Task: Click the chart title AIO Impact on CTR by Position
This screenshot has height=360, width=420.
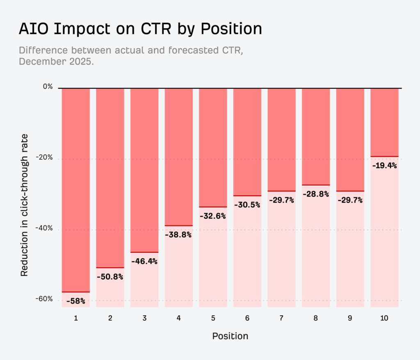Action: (x=140, y=29)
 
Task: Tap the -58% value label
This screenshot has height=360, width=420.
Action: (x=76, y=301)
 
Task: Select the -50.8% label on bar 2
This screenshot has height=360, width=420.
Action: (x=110, y=277)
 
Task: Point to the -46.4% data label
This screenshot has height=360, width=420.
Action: (x=144, y=261)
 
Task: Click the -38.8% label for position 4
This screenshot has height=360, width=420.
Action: (x=178, y=235)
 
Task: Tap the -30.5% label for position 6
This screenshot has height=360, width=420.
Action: (x=247, y=204)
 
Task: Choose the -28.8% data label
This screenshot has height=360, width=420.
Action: (x=316, y=194)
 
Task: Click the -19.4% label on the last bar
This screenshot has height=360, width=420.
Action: (x=384, y=165)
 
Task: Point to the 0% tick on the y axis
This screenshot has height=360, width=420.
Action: (x=48, y=87)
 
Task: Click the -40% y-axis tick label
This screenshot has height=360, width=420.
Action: (x=45, y=229)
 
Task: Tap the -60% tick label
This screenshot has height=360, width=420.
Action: (x=45, y=299)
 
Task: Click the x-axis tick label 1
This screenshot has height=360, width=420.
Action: (x=76, y=318)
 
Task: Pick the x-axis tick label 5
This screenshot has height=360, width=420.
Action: (x=213, y=318)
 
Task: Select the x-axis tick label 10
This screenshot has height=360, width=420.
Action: (x=384, y=318)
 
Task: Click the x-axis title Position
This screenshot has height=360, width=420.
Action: (x=230, y=336)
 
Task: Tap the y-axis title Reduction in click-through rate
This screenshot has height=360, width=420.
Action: (x=25, y=204)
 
